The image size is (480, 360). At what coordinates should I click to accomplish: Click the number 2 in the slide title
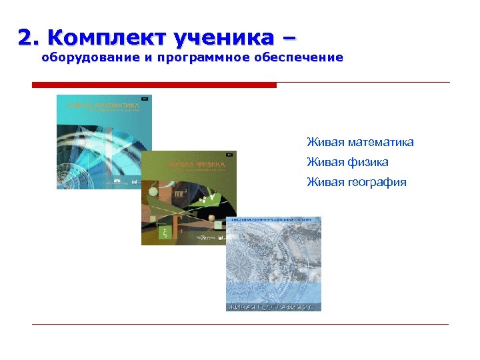[x=26, y=39]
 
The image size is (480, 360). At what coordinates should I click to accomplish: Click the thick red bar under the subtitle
[x=154, y=85]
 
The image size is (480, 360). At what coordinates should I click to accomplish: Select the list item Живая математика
[x=360, y=142]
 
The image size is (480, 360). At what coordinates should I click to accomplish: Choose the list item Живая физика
[x=347, y=162]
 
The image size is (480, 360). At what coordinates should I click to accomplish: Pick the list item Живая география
[x=356, y=182]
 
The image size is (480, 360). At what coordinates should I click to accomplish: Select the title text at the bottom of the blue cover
[x=273, y=307]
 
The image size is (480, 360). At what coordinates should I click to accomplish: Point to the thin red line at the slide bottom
[x=240, y=325]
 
